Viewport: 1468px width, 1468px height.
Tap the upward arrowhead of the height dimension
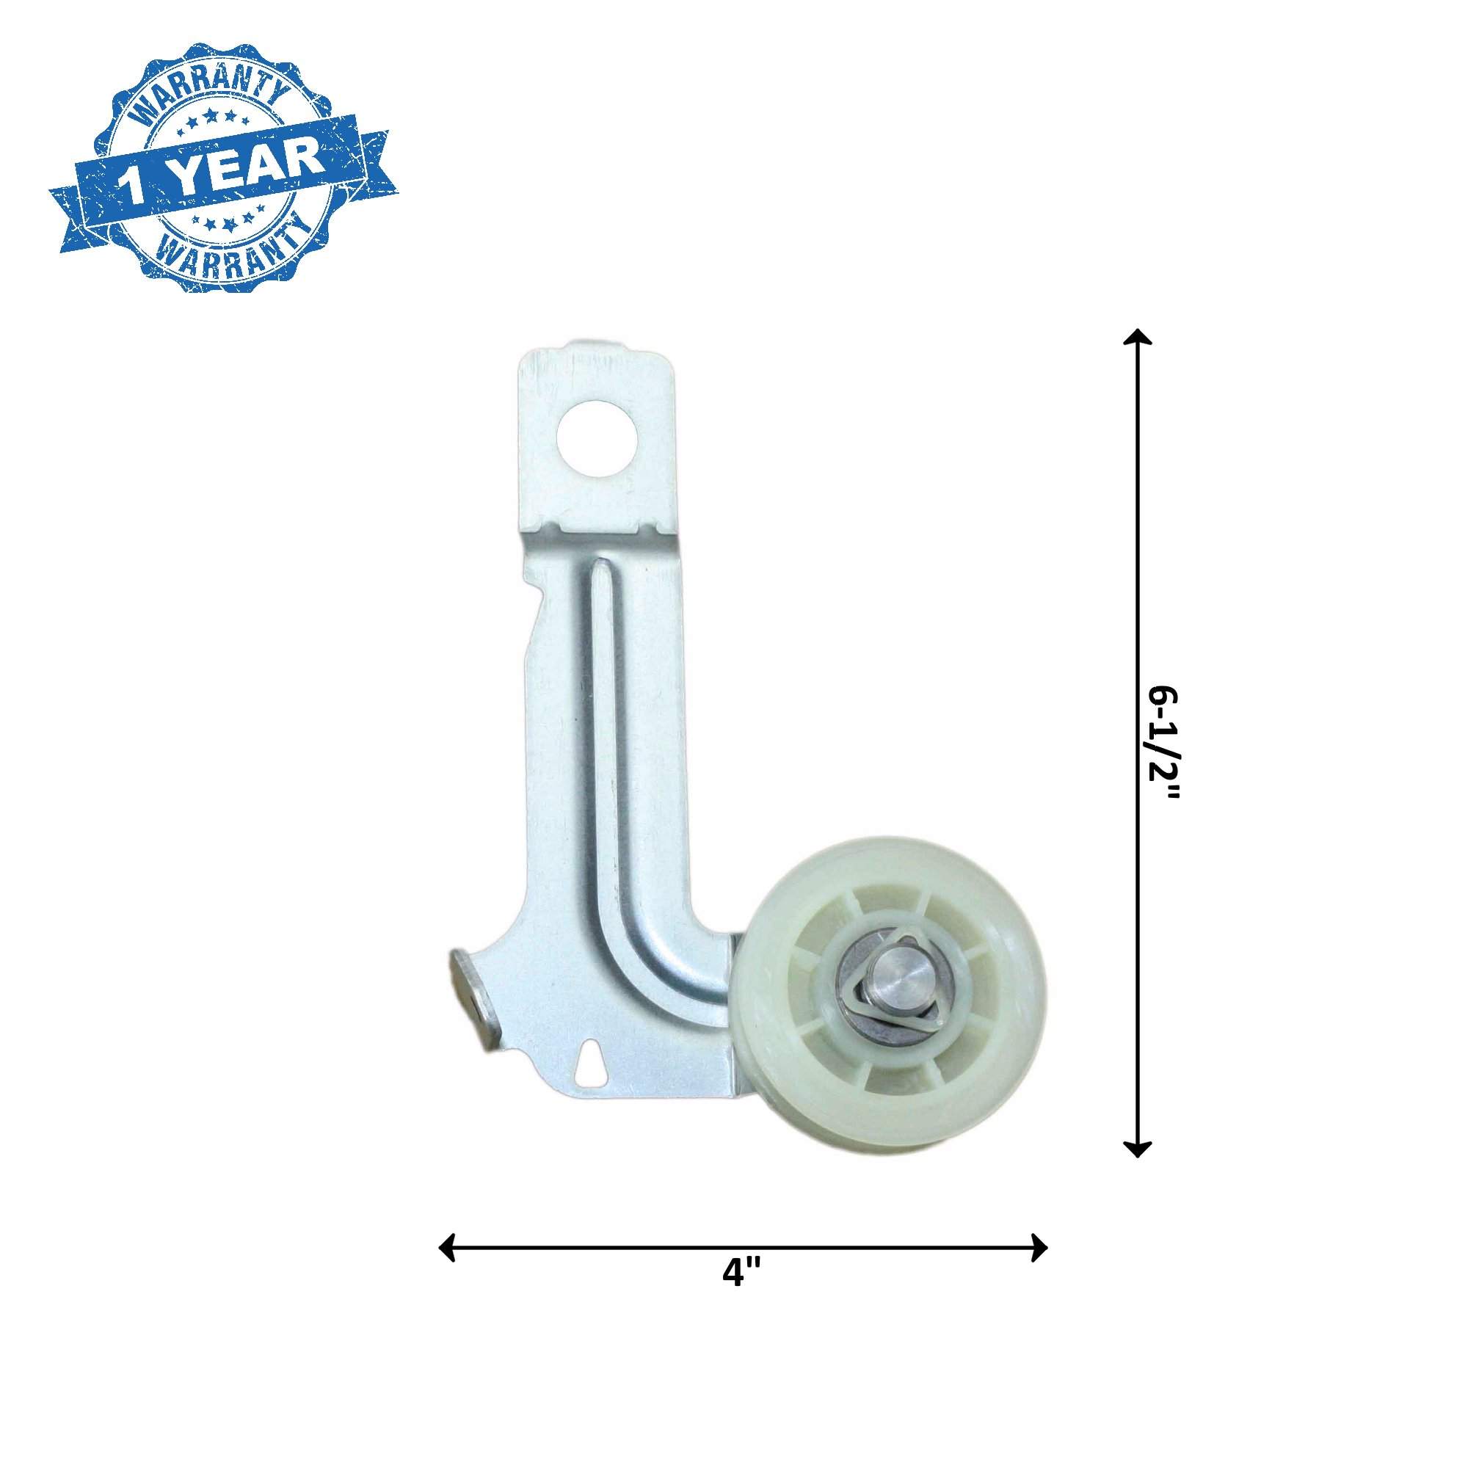coord(1137,339)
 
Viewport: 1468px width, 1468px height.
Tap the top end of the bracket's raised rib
coord(600,569)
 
